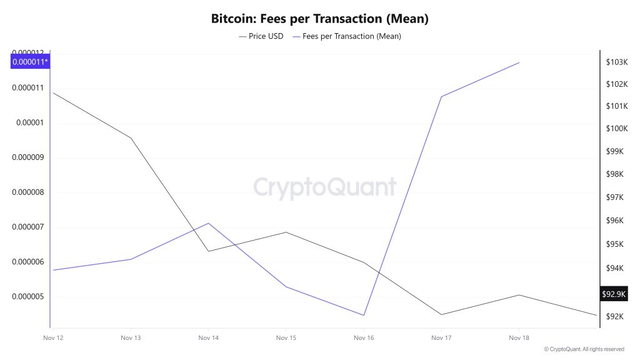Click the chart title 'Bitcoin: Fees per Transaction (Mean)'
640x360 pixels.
[319, 19]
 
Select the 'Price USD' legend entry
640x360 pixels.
[261, 36]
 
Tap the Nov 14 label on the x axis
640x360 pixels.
[207, 337]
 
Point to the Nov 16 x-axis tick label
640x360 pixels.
[363, 337]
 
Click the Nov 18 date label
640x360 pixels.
[518, 337]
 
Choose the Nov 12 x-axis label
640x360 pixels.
[52, 337]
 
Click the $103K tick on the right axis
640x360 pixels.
[616, 62]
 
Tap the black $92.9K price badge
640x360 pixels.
[613, 294]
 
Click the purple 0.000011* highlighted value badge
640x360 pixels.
[30, 61]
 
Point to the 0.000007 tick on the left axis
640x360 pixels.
[29, 227]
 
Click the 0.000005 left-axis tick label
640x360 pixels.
[29, 296]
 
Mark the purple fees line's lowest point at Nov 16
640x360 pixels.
[363, 315]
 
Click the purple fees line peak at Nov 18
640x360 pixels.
[519, 62]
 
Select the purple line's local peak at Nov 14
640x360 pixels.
[208, 223]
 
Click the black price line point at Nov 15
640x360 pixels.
[286, 232]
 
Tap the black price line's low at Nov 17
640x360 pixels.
[441, 314]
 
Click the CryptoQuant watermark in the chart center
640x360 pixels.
[324, 187]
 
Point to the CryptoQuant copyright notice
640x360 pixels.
[584, 349]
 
